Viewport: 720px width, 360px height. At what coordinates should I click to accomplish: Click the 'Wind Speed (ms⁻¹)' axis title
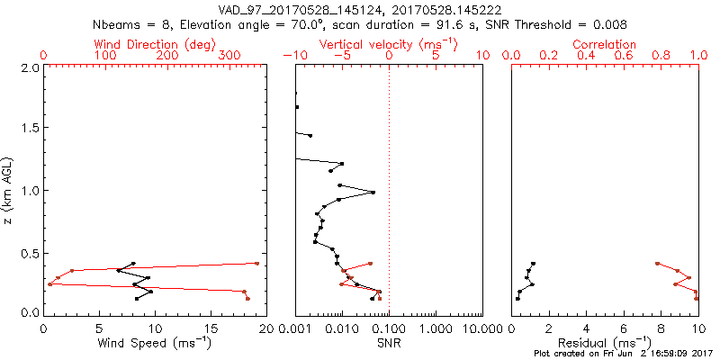pos(155,342)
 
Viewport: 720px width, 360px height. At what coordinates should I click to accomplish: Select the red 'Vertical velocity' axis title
pos(388,44)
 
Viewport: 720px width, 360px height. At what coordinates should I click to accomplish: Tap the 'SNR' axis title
pos(388,342)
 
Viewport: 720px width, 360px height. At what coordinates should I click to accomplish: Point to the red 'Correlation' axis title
pos(605,44)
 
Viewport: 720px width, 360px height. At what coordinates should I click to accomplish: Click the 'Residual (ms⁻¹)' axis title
pos(605,342)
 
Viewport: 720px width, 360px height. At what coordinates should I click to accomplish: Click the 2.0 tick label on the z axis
pos(29,67)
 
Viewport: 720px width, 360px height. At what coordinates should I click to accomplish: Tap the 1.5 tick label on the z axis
pos(29,129)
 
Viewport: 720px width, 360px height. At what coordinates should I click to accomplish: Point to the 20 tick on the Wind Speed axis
pos(265,328)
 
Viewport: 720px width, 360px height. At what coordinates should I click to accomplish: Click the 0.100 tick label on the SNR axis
pos(388,328)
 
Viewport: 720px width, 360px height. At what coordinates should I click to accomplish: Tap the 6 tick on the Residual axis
pos(624,328)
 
